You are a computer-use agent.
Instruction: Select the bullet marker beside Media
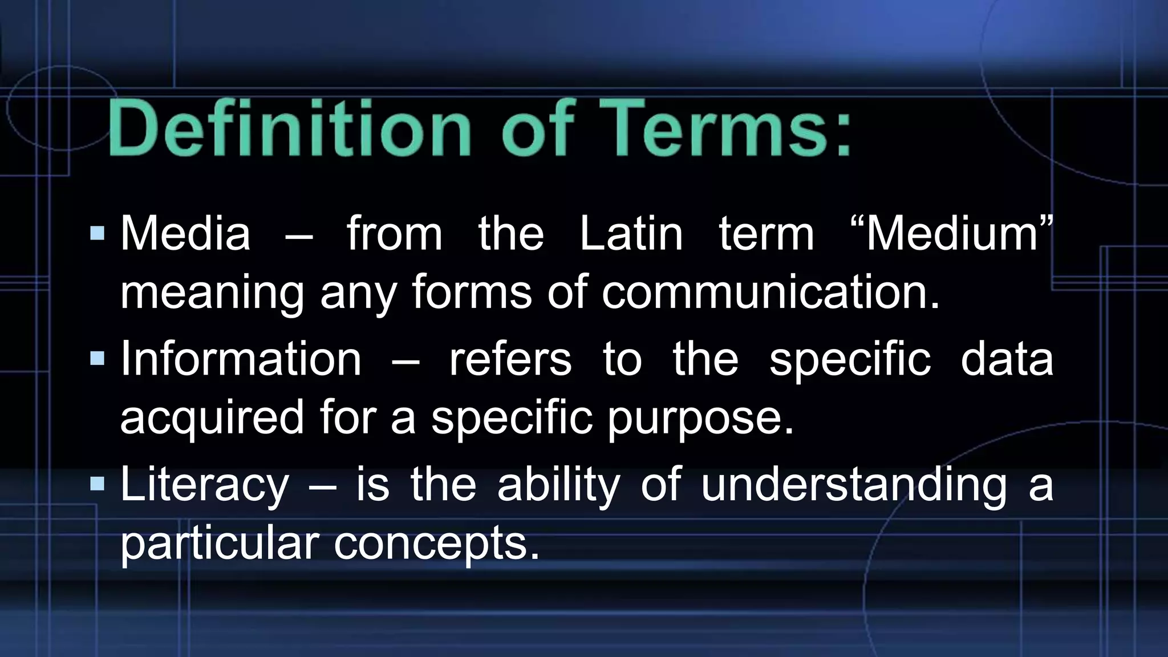[98, 233]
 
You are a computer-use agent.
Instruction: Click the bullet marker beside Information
[98, 358]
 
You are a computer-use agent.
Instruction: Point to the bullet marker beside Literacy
[98, 484]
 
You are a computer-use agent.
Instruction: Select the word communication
[770, 292]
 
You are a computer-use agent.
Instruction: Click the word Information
[241, 359]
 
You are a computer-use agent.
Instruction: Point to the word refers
[510, 359]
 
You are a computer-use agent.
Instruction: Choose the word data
[1007, 359]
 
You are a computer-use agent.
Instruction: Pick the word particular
[219, 543]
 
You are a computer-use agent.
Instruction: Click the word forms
[472, 292]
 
